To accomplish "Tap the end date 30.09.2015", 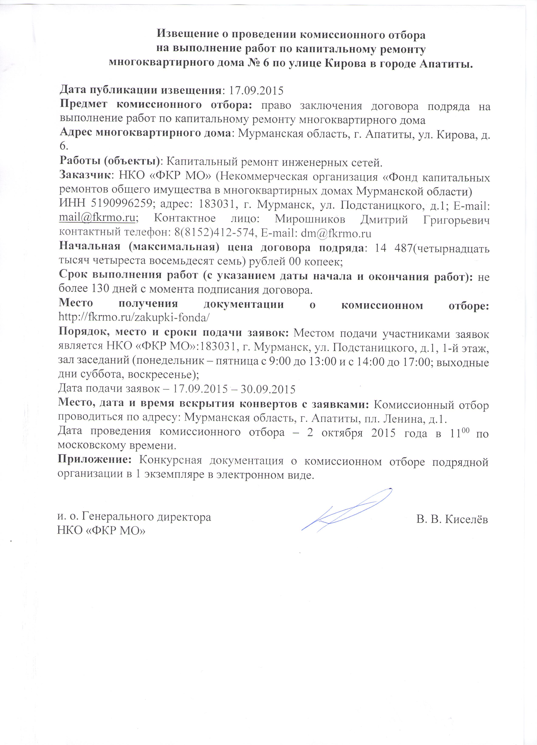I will point(268,389).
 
